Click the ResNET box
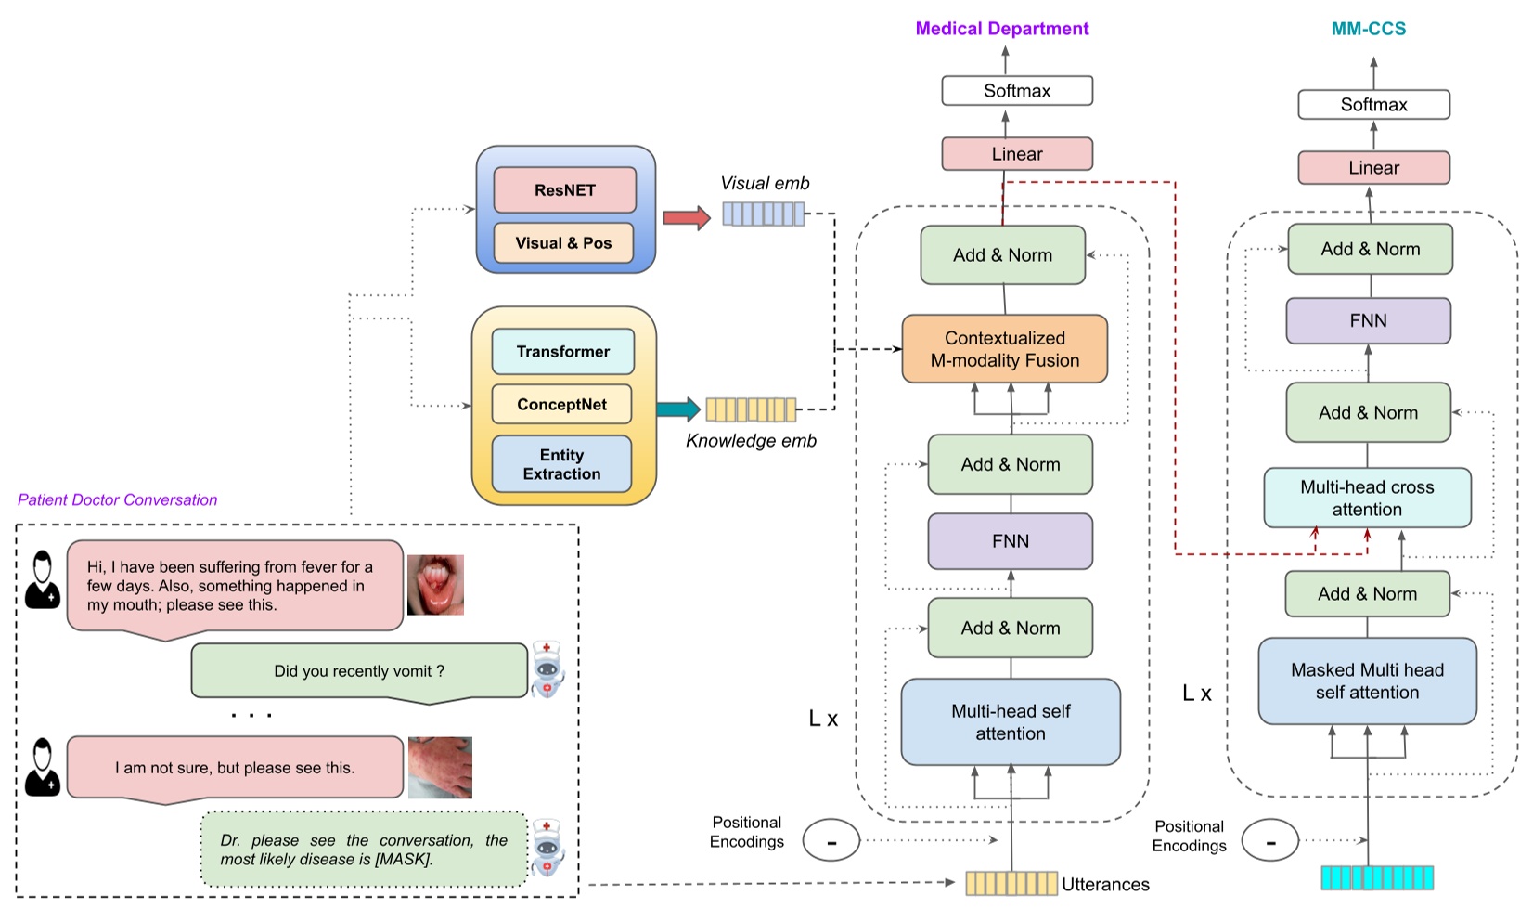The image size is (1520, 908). coord(564,190)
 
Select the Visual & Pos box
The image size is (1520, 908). coord(563,243)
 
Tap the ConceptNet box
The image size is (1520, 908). coord(561,405)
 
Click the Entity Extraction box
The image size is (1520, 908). coord(561,464)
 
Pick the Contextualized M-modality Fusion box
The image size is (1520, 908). coord(1004,349)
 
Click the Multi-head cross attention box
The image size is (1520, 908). coord(1367,499)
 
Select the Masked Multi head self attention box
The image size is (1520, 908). coord(1367,681)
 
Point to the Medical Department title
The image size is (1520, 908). coord(1001,29)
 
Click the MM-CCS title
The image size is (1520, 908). coord(1368,29)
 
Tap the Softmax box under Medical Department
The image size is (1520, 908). coord(1016,91)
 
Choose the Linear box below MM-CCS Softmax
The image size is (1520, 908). coord(1373,168)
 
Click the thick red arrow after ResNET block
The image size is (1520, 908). coord(686,219)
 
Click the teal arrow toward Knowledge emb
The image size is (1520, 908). coord(678,409)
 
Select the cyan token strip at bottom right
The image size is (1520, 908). coord(1377,877)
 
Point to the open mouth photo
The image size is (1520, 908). coord(435,585)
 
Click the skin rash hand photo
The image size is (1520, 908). coord(440,768)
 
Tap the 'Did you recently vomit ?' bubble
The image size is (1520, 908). coord(359,671)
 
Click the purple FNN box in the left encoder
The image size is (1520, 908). coord(1010,541)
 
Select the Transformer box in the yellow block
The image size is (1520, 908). coord(562,352)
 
